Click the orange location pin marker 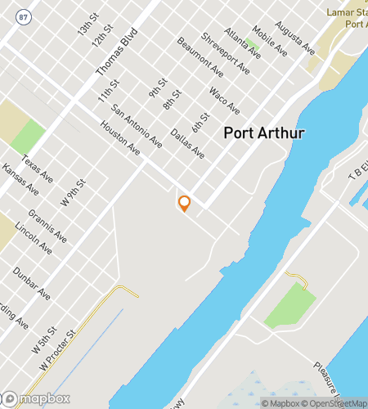click(x=184, y=203)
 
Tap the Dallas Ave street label click(x=187, y=144)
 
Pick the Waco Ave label click(x=224, y=101)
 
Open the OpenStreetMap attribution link click(x=336, y=402)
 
